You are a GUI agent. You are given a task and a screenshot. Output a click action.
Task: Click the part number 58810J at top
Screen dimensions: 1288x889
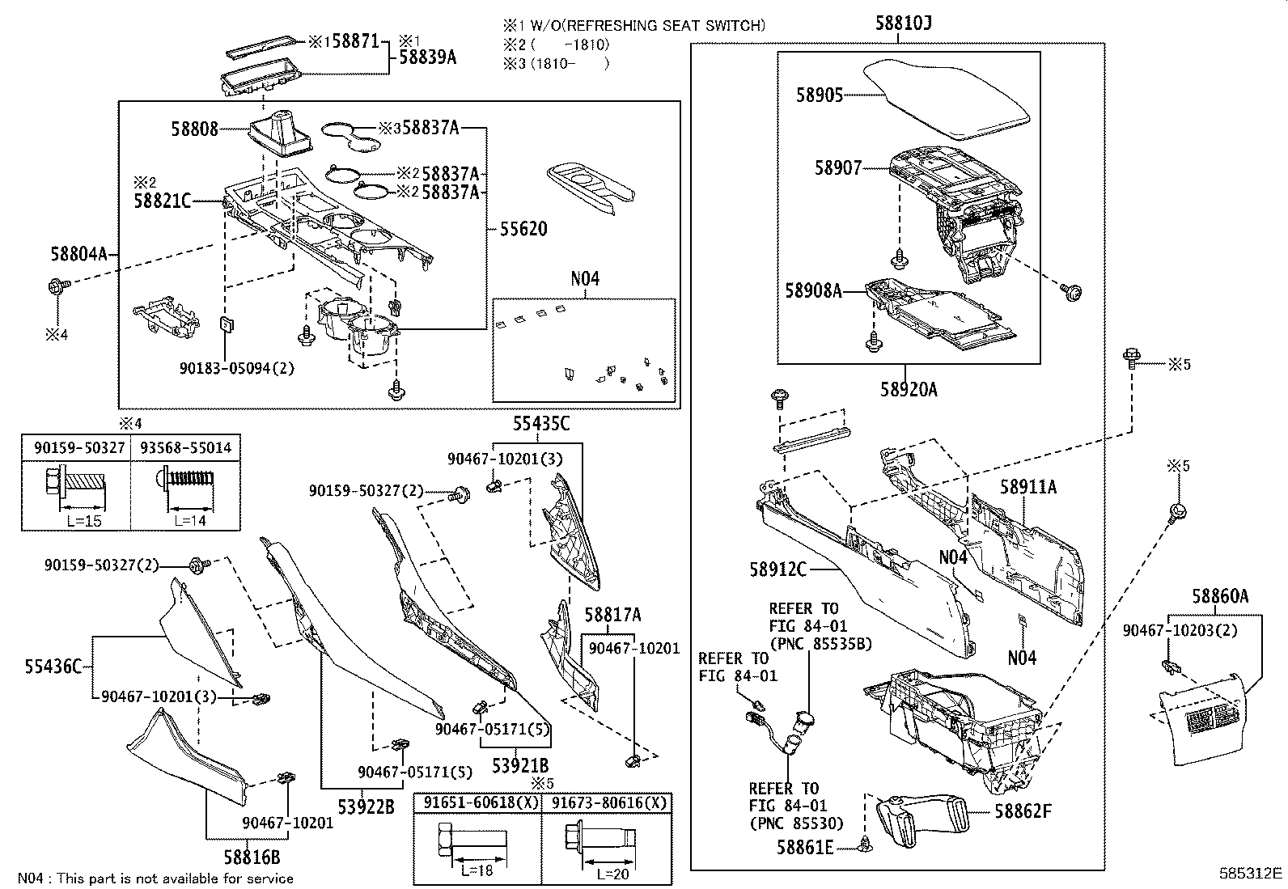[x=903, y=23]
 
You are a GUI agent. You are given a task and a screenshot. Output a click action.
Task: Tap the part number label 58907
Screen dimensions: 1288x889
[x=837, y=168]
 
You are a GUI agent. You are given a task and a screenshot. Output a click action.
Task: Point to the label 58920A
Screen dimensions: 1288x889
[x=909, y=390]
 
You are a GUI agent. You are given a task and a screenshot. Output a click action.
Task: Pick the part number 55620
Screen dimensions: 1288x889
[x=523, y=229]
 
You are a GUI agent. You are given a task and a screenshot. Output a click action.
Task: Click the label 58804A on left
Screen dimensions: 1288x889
[x=78, y=255]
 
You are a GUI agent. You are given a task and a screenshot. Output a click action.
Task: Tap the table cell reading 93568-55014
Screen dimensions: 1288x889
[x=185, y=447]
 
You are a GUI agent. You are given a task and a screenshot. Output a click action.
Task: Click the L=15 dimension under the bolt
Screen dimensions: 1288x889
[x=84, y=520]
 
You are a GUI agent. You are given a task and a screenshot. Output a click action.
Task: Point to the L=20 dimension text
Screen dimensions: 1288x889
[x=614, y=874]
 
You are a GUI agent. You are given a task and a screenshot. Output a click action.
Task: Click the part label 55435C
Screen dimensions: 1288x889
[x=540, y=424]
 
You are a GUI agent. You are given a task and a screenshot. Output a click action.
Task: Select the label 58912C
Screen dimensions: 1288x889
[x=777, y=569]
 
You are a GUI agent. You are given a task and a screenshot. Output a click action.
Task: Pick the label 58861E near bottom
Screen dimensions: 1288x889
[x=805, y=847]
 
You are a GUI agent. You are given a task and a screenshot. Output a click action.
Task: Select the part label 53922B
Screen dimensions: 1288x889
[x=366, y=806]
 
